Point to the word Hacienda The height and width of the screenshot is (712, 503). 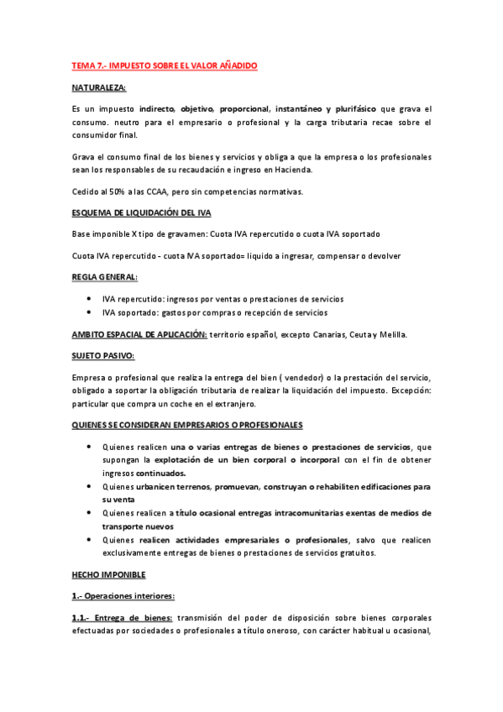291,170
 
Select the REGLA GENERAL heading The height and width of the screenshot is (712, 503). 105,277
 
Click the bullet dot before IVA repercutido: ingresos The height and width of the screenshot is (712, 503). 89,299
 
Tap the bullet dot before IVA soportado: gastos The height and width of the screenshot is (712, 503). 89,313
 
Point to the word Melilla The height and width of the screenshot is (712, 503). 389,334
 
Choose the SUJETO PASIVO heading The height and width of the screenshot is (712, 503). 102,356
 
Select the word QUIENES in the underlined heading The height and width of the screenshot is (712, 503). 90,426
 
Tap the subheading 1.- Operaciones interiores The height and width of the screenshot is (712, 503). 123,596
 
